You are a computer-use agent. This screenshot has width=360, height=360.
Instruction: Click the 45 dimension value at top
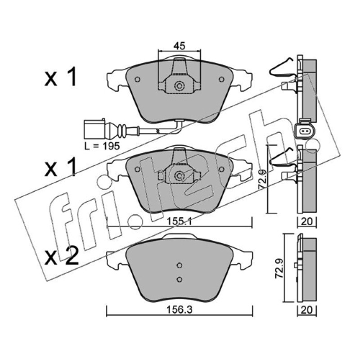(x=179, y=46)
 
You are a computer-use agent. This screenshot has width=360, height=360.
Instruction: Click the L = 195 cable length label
(x=102, y=146)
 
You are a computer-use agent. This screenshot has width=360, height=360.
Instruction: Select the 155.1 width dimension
(x=180, y=221)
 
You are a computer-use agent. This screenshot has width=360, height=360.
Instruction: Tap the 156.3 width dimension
(x=179, y=310)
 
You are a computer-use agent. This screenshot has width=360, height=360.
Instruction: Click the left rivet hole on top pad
(x=137, y=80)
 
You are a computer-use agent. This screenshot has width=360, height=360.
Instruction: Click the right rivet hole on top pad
(x=221, y=80)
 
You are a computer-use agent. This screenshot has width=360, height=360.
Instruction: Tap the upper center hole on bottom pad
(x=180, y=265)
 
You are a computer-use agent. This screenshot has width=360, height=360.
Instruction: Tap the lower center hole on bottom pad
(x=180, y=279)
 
